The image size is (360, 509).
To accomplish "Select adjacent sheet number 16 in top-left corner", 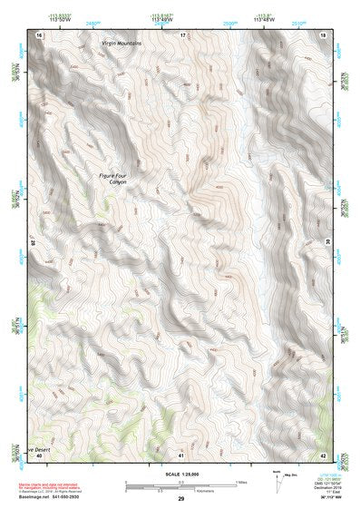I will [39, 34].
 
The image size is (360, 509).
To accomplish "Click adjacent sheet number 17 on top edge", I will [182, 34].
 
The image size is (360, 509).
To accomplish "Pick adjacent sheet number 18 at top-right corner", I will [325, 34].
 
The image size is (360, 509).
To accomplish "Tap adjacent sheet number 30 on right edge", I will [328, 241].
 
